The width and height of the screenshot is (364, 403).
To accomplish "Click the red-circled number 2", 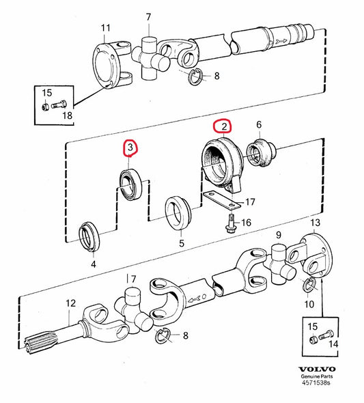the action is [224, 126].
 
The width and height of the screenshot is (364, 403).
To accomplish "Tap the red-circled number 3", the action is [130, 148].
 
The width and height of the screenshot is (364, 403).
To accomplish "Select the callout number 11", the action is [105, 28].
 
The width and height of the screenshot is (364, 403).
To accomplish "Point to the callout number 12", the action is [70, 303].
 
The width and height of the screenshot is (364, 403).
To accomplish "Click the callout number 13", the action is [316, 223].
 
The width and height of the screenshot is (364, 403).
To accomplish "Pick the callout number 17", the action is [250, 202].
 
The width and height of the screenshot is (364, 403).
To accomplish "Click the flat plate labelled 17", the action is [221, 199].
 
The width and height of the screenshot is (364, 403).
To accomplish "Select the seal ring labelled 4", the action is [89, 236].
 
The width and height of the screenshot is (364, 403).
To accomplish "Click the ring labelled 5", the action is [178, 213].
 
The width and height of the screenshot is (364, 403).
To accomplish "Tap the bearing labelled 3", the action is [131, 184].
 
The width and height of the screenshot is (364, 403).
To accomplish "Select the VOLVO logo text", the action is [317, 370].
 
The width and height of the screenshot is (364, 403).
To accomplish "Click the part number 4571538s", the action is [316, 383].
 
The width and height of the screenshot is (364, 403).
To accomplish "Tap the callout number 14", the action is [333, 344].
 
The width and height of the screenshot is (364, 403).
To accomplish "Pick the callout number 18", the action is [68, 115].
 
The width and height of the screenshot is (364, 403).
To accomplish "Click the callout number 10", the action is [309, 305].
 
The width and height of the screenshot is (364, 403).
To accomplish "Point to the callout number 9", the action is [279, 235].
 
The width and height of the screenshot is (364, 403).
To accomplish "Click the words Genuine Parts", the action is [317, 376].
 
